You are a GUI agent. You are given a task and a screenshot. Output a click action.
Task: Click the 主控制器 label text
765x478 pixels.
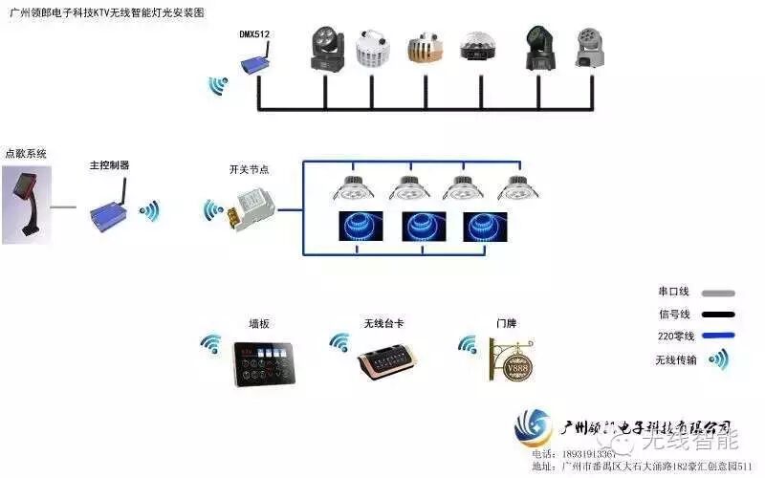click(x=109, y=165)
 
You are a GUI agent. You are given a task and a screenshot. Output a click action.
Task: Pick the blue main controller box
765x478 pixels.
click(x=107, y=209)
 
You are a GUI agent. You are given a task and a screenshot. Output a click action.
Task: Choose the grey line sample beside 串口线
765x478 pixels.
click(x=717, y=293)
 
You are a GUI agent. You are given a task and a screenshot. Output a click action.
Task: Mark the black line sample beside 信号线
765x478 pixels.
click(x=717, y=315)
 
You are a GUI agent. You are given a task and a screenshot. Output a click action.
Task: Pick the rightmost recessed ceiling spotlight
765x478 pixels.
click(x=514, y=188)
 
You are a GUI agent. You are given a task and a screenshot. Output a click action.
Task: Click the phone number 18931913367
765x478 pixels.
click(x=580, y=454)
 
